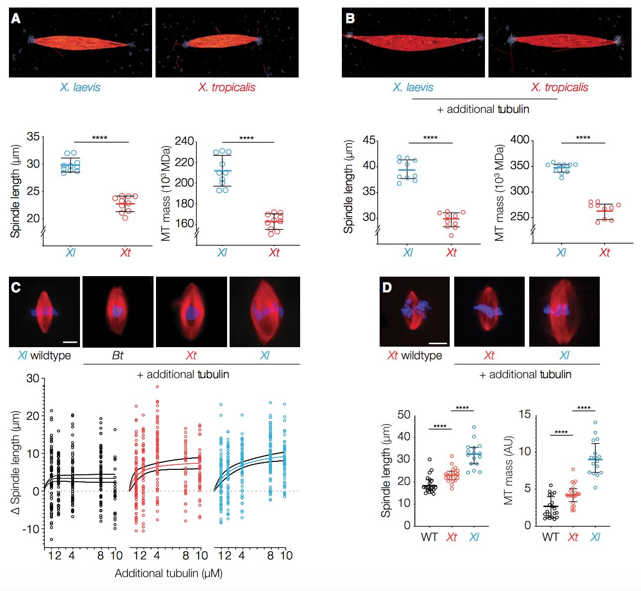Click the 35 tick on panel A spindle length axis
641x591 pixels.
pos(33,137)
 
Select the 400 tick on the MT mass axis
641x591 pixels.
pos(518,140)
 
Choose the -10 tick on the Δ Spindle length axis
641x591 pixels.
pos(32,529)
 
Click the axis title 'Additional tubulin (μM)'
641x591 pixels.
pos(168,574)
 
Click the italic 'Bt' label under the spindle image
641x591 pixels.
pos(118,356)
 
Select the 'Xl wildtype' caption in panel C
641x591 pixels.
pos(44,356)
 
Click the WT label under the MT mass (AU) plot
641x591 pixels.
pos(551,537)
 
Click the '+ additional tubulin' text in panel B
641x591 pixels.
pos(483,109)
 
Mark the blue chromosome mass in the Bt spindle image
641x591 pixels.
pos(117,311)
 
